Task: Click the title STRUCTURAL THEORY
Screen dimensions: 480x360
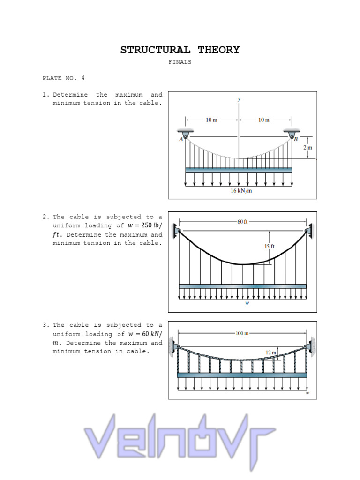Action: click(x=180, y=50)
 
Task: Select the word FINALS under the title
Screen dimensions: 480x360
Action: click(x=180, y=62)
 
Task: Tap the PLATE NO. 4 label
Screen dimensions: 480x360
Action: click(x=64, y=78)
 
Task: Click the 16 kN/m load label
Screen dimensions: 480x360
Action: click(x=241, y=191)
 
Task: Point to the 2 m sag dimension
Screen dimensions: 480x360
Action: click(x=307, y=147)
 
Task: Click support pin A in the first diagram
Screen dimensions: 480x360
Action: click(x=186, y=135)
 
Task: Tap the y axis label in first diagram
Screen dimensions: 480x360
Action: click(x=239, y=99)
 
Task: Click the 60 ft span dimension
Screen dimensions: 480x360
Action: click(x=242, y=221)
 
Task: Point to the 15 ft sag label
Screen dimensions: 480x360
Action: click(x=270, y=246)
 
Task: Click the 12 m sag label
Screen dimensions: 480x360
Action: click(x=271, y=352)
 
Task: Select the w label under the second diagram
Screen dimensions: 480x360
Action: click(x=247, y=303)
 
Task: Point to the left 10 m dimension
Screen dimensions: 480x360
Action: click(x=211, y=120)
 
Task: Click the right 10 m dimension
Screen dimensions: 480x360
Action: click(x=264, y=120)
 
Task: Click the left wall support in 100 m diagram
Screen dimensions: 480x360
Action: click(x=174, y=347)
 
